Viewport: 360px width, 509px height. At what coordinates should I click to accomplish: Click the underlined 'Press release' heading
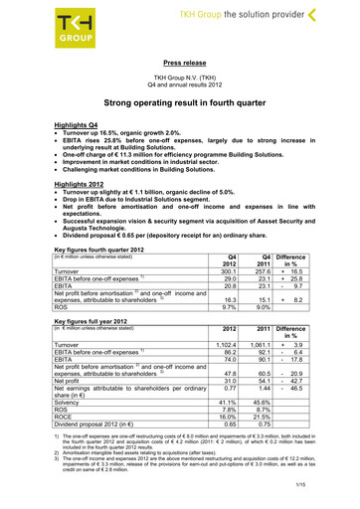click(x=179, y=61)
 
